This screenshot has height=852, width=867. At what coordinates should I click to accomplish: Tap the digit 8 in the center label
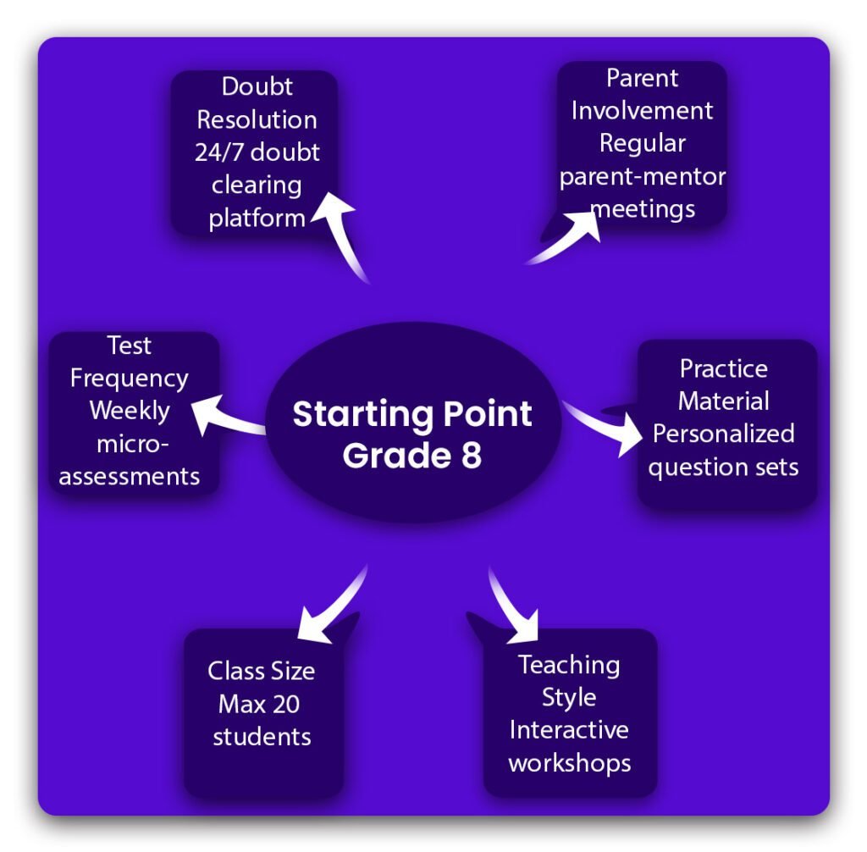[x=472, y=456]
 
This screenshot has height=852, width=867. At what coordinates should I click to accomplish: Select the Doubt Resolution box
[x=255, y=152]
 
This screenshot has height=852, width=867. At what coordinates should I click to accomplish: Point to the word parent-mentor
[x=643, y=176]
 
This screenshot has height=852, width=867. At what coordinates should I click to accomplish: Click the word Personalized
[x=724, y=434]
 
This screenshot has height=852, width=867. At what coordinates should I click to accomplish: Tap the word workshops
[x=569, y=762]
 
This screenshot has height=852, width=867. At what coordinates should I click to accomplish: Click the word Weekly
[x=130, y=411]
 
